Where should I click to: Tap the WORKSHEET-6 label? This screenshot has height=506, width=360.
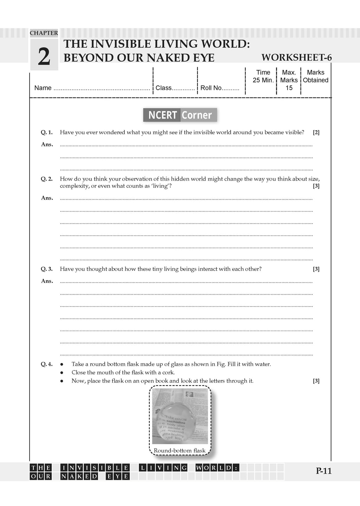click(296, 58)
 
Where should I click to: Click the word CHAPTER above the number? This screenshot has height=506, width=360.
click(44, 33)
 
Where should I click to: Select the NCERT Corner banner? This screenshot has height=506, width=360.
click(180, 115)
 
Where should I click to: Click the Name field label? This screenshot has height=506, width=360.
click(43, 88)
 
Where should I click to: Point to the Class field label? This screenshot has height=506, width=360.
click(163, 88)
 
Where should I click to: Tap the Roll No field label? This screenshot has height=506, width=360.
click(211, 88)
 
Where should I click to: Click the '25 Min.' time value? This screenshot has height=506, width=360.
click(263, 80)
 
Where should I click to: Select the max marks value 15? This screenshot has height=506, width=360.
click(289, 88)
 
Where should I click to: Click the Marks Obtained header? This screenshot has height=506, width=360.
click(315, 76)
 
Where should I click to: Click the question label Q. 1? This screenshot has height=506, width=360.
click(47, 132)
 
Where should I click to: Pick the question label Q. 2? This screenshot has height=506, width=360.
click(47, 179)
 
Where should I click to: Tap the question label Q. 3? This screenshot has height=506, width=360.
click(47, 269)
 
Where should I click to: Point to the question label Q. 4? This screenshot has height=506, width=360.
click(47, 364)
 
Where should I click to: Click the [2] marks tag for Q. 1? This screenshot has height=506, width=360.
click(316, 132)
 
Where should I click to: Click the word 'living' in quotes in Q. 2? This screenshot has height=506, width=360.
click(160, 186)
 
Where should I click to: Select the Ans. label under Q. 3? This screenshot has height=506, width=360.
click(47, 281)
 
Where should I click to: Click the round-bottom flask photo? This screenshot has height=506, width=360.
click(180, 416)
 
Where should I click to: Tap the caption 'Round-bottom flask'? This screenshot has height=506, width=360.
click(180, 450)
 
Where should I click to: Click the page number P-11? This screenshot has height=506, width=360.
click(323, 471)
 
